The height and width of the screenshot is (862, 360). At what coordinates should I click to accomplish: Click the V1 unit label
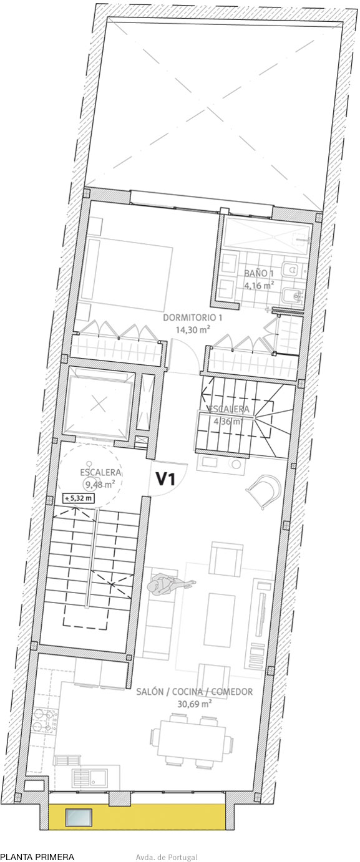point(166,479)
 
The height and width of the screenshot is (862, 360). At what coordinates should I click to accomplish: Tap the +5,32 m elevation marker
point(79,498)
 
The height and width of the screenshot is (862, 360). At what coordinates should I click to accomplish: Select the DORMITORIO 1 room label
point(193,318)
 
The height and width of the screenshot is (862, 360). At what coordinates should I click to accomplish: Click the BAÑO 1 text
point(259,273)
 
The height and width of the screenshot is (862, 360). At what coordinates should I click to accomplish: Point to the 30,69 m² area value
point(195,704)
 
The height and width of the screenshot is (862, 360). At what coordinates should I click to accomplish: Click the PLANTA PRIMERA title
point(37,856)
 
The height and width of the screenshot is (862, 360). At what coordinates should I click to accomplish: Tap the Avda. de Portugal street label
point(167,857)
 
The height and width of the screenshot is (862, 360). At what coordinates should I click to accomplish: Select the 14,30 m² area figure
point(193,329)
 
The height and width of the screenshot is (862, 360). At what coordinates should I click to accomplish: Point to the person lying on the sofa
point(170,585)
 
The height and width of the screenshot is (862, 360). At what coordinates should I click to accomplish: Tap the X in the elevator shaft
point(99,404)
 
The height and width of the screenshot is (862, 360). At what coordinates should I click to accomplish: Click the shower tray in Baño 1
point(267,235)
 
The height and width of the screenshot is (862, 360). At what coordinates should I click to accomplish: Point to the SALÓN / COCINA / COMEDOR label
point(195,692)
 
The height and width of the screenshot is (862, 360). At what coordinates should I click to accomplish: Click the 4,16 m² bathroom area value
point(259,285)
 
